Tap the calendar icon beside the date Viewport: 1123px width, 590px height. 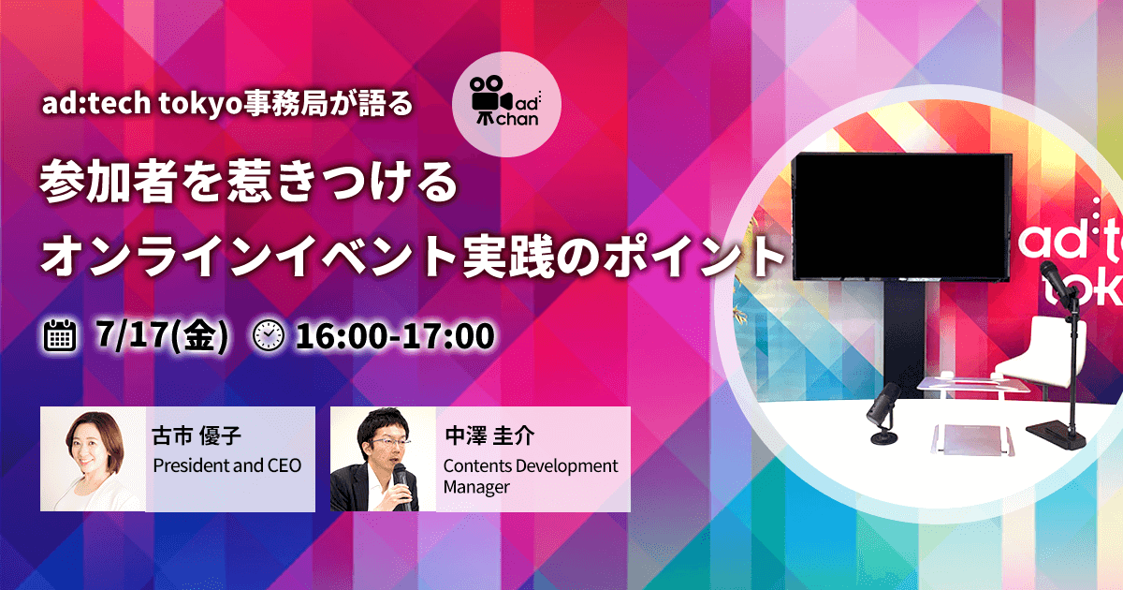[60, 335]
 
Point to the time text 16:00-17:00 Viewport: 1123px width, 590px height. [394, 335]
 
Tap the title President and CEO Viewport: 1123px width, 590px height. [226, 465]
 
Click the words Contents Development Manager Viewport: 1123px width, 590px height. [531, 476]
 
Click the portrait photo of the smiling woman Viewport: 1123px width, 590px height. [93, 459]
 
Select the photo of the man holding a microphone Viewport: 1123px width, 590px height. [383, 459]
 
